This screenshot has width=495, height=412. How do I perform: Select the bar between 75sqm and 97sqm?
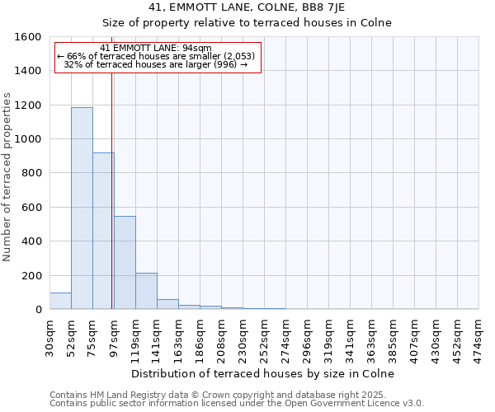click(x=103, y=231)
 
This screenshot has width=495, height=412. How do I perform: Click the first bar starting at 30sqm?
click(x=60, y=301)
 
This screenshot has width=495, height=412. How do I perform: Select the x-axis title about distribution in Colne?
click(x=263, y=373)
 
